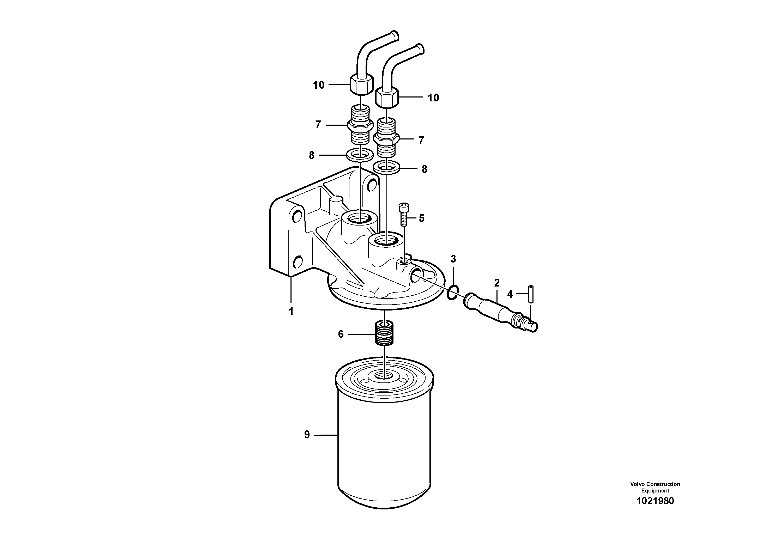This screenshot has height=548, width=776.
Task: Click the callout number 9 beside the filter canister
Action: [307, 435]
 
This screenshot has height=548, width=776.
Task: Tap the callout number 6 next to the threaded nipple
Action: [341, 334]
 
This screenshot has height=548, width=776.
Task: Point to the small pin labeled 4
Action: [531, 294]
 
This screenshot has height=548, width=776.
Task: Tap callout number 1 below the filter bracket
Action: [291, 312]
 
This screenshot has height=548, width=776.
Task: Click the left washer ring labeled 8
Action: [360, 155]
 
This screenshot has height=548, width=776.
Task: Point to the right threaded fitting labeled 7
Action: [386, 138]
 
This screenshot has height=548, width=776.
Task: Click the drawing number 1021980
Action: [655, 501]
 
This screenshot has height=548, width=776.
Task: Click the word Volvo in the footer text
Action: [637, 484]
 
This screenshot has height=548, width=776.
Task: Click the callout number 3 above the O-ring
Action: [453, 259]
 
